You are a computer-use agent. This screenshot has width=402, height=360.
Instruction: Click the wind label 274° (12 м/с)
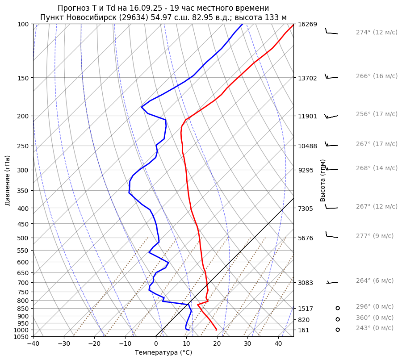pos(377,32)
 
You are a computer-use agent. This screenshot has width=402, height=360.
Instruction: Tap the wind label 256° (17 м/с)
pos(377,114)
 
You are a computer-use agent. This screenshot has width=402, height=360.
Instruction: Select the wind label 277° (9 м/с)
pos(375,236)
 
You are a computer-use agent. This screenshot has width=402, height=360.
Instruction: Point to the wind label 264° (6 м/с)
pos(375,280)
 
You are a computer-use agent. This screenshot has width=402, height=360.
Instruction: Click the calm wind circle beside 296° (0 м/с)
pos(338,308)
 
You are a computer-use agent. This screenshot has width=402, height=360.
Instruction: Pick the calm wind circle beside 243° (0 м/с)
pos(338,330)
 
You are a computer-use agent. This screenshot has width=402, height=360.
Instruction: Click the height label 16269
pos(307,24)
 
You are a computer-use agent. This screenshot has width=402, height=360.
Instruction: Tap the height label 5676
pos(306,238)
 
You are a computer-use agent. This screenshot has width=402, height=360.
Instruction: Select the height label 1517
pos(306,309)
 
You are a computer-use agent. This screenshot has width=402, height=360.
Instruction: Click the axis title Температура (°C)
pos(163,352)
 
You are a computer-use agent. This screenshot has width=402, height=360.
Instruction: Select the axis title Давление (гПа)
pos(8,180)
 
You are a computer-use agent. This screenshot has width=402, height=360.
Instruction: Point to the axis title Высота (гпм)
pos(323,180)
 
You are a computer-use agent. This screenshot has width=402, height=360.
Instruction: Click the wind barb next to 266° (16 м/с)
pos(331,77)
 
